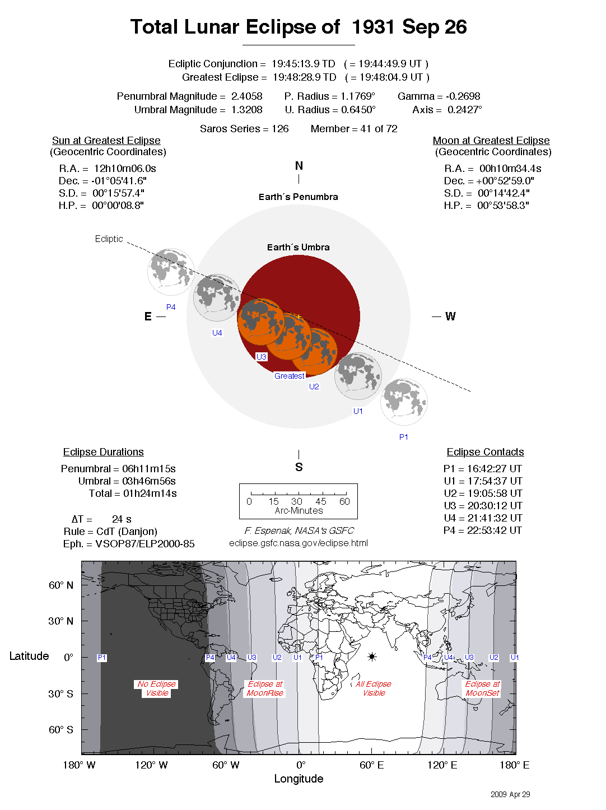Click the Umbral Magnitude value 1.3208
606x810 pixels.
click(x=246, y=110)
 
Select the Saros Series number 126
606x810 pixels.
click(x=280, y=129)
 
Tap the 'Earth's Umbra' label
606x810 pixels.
click(x=298, y=247)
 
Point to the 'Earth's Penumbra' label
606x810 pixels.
click(x=298, y=197)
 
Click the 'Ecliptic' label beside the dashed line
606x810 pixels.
click(x=109, y=239)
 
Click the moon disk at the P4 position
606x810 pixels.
click(x=171, y=272)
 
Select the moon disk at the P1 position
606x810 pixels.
click(x=404, y=401)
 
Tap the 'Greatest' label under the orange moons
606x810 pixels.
click(x=289, y=376)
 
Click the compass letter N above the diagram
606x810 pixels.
click(x=299, y=166)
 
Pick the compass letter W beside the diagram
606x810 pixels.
click(x=450, y=316)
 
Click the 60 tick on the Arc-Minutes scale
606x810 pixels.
click(x=344, y=501)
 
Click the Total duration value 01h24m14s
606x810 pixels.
click(x=150, y=494)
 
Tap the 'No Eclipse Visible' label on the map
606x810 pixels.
click(x=157, y=688)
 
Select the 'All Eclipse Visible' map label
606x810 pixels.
click(x=374, y=688)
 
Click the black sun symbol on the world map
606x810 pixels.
click(x=372, y=657)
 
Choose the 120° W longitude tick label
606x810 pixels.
click(x=151, y=765)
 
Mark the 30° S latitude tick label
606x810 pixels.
click(x=60, y=693)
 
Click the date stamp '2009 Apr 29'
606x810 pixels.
click(x=510, y=794)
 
